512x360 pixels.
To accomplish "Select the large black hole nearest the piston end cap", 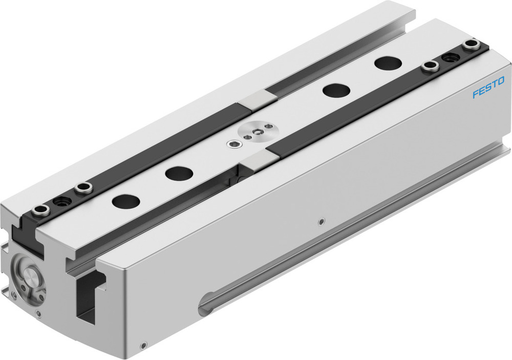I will click(x=125, y=201).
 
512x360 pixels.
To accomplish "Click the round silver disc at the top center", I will click(x=254, y=134).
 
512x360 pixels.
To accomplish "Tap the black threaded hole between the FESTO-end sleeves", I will click(x=451, y=57).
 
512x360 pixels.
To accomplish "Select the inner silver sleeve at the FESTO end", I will click(x=431, y=66).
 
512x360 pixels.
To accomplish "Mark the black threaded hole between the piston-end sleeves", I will click(x=62, y=200).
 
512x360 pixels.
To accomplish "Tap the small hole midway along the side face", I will click(x=321, y=222).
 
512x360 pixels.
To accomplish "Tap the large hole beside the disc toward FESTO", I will click(x=336, y=90).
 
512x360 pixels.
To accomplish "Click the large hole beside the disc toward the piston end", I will click(x=179, y=174).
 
